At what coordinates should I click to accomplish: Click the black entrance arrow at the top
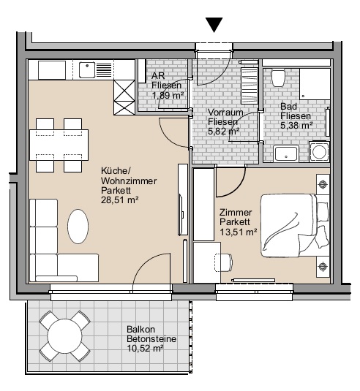214,24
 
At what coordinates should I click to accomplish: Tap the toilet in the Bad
278,78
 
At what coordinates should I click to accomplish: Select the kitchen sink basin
87,70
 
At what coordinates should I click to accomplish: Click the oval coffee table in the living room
78,227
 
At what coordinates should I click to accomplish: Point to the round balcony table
64,336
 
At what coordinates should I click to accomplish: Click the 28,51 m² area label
119,200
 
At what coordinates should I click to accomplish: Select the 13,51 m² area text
238,232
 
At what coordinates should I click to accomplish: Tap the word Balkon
140,329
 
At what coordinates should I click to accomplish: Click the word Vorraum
225,113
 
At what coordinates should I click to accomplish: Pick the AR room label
158,75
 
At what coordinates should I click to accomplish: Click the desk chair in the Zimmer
223,262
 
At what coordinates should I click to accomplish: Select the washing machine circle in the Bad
319,152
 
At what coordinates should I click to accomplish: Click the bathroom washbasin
286,153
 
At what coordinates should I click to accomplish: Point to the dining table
59,145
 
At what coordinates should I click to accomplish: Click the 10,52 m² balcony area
146,349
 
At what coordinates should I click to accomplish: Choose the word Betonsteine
151,339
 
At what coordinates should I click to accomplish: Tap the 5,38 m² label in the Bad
296,125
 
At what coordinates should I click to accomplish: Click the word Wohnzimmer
129,181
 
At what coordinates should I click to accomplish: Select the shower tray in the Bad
315,84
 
